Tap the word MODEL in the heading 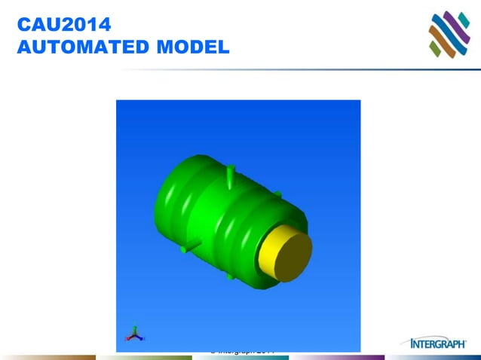(x=191, y=48)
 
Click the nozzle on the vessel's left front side (x=189, y=246)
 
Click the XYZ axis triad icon (x=135, y=334)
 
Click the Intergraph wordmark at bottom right (x=438, y=343)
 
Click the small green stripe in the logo (x=435, y=49)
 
